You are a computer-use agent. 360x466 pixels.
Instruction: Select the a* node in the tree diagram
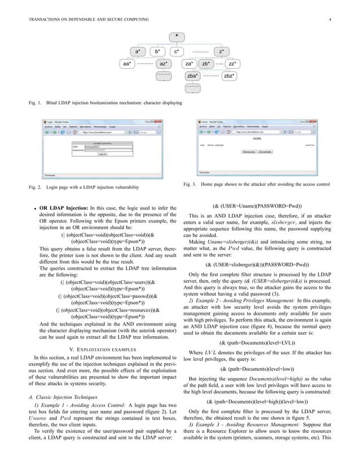(x=138, y=51)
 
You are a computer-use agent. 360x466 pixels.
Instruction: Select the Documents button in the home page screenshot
(x=265, y=152)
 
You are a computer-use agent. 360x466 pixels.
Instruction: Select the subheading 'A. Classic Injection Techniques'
(x=62, y=399)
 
